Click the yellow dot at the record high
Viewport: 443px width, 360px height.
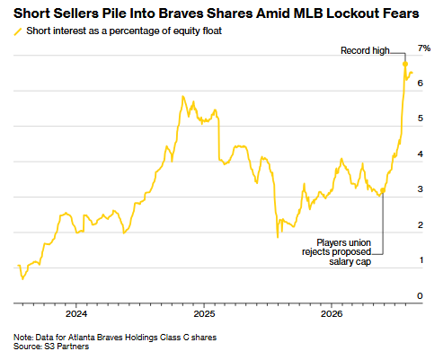(x=405, y=64)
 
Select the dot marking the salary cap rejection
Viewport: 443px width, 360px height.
(x=383, y=190)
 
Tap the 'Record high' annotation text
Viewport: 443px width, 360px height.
(x=365, y=50)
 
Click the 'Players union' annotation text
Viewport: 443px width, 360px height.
(x=344, y=242)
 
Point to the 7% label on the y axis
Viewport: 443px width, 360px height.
(x=424, y=48)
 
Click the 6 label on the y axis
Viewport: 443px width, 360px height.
(x=421, y=83)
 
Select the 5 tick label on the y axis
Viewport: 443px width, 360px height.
(x=421, y=119)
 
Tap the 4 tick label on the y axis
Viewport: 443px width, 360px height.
(x=421, y=154)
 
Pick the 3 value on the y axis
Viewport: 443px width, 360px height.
(x=421, y=189)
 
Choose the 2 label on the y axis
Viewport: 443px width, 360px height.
(x=421, y=225)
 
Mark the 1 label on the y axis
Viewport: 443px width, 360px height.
(x=421, y=260)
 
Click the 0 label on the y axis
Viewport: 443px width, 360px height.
(x=420, y=296)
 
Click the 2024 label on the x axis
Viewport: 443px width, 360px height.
(x=76, y=314)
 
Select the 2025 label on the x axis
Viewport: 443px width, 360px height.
(x=204, y=314)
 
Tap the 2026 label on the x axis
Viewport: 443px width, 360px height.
(x=332, y=314)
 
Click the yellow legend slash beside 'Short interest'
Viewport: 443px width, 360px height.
(x=18, y=31)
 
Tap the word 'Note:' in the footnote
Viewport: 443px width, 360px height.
(x=23, y=338)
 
